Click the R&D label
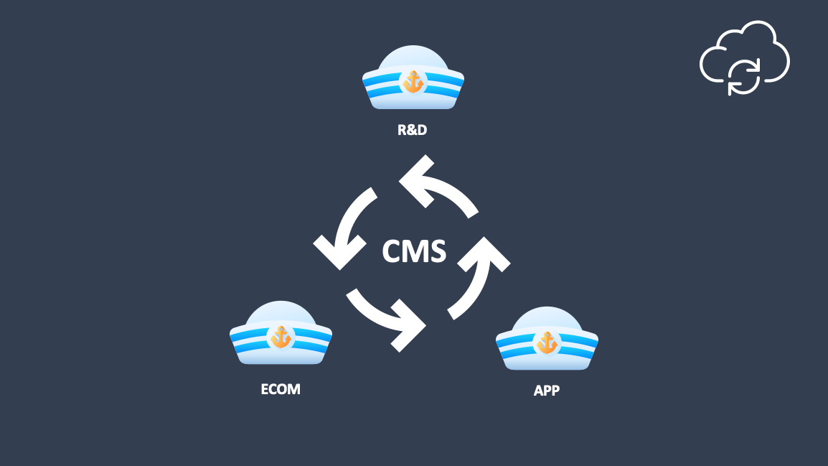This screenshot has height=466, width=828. click(x=413, y=131)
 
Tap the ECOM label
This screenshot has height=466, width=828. click(x=281, y=389)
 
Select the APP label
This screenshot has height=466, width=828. click(x=546, y=391)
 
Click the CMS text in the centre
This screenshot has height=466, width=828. click(x=414, y=252)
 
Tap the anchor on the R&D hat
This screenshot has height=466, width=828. click(x=413, y=83)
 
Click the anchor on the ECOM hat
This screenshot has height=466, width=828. click(x=281, y=337)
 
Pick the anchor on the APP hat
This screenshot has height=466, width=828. click(x=547, y=342)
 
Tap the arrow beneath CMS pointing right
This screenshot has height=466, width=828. click(x=387, y=316)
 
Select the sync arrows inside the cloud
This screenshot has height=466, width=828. click(x=744, y=77)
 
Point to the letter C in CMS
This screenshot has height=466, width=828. click(x=392, y=252)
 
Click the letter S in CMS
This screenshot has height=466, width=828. click(x=437, y=252)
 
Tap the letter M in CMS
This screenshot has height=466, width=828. click(x=415, y=252)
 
